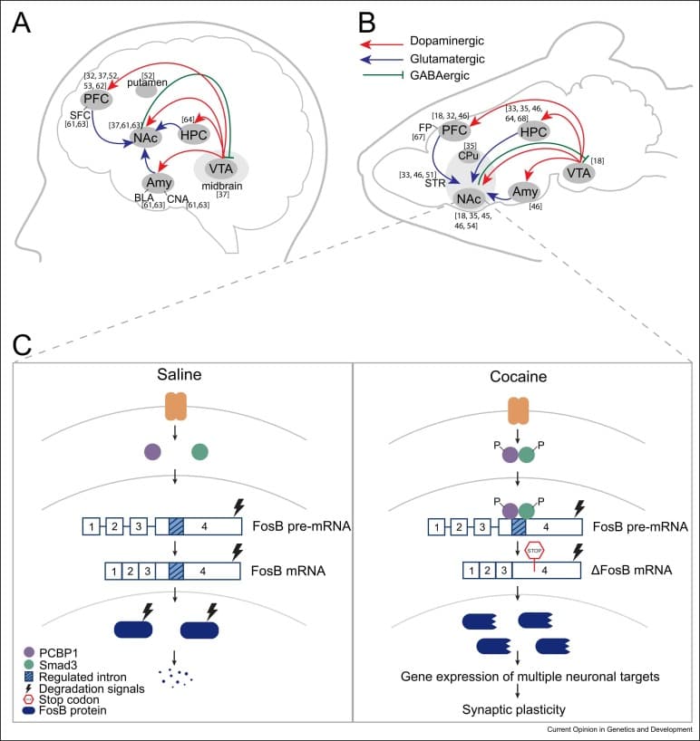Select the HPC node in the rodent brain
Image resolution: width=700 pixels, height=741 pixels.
533,132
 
